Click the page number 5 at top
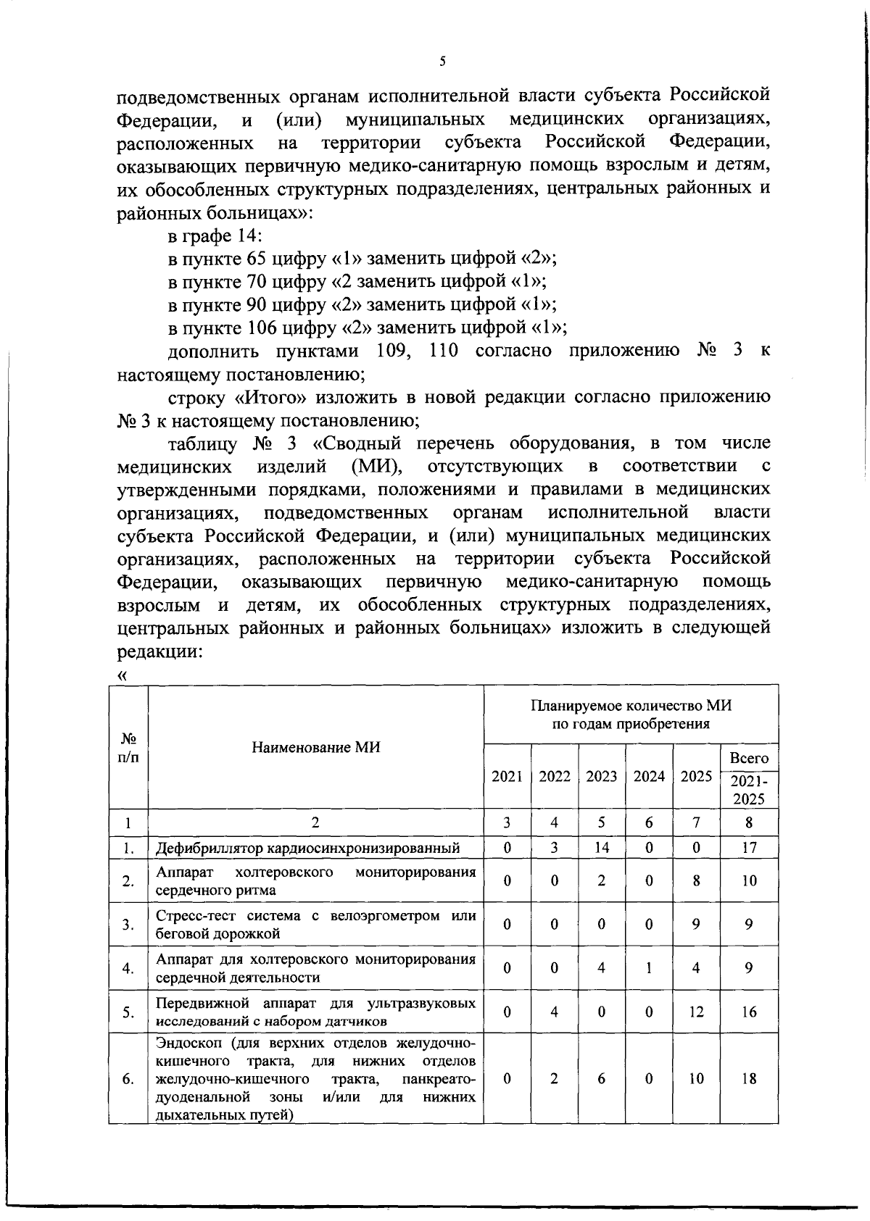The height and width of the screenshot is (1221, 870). coord(442,62)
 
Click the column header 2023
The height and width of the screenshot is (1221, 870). coord(601,776)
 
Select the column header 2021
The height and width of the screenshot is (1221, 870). coord(507,776)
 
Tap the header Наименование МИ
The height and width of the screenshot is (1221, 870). coord(315,747)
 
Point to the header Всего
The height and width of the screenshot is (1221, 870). coord(749,758)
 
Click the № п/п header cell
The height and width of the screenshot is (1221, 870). coord(128,747)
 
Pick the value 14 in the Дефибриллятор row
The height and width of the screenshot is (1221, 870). coord(601,847)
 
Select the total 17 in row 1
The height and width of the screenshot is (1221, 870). coord(749,847)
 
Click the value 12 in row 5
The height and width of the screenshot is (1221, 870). coord(696,1012)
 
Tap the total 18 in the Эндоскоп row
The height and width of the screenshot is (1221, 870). coord(749,1078)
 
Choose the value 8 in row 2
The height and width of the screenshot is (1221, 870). coord(696,880)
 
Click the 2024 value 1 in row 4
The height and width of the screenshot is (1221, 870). coord(649,967)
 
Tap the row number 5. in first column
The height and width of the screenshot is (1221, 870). coord(128,1012)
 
